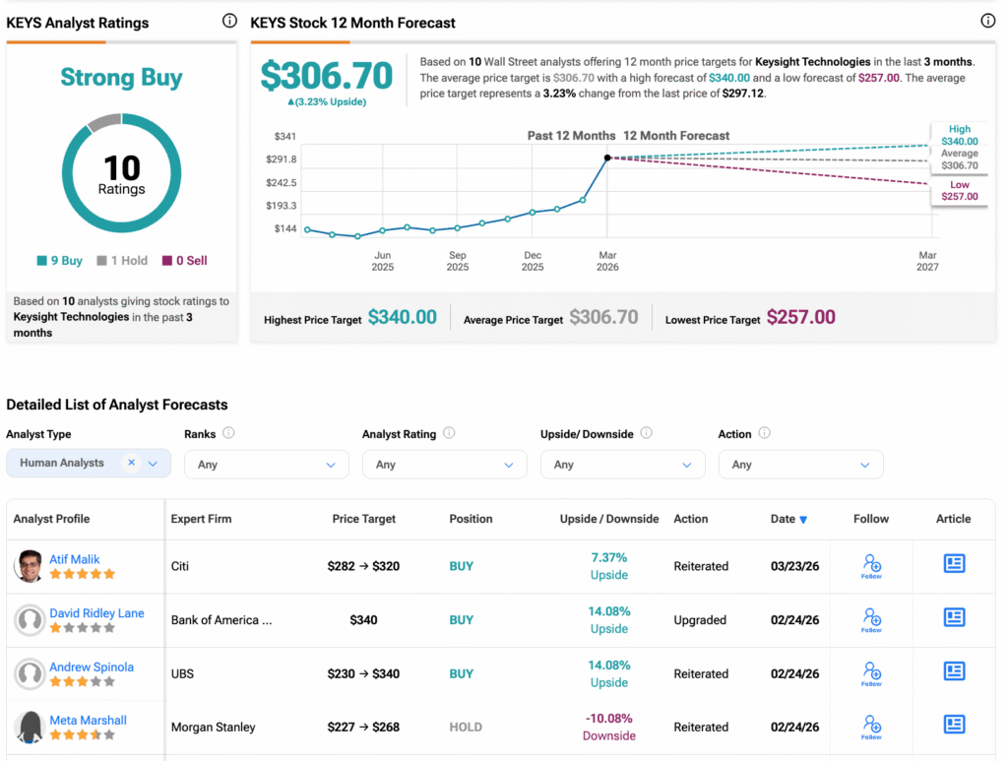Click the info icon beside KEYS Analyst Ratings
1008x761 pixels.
coord(229,21)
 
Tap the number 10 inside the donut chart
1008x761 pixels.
coord(122,167)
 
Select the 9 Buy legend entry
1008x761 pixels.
coord(60,261)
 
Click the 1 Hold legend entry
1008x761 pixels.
coord(122,261)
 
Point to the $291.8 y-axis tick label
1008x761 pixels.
coord(281,159)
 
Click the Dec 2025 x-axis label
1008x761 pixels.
coord(533,261)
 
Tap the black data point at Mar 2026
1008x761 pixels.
coord(607,158)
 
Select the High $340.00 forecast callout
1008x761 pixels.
coord(959,135)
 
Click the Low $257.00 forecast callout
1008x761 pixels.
coord(959,190)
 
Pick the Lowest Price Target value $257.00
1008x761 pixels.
coord(800,317)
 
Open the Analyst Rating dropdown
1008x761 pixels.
coord(444,465)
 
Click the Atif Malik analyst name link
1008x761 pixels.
coord(75,559)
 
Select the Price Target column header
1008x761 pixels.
coord(363,519)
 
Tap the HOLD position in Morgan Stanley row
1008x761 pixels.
coord(466,728)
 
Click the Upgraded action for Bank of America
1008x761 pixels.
coord(700,620)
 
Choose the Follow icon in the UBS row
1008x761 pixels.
coord(871,674)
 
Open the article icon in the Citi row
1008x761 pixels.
coord(954,564)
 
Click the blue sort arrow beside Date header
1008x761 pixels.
coord(803,520)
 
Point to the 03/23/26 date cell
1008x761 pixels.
coord(794,566)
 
